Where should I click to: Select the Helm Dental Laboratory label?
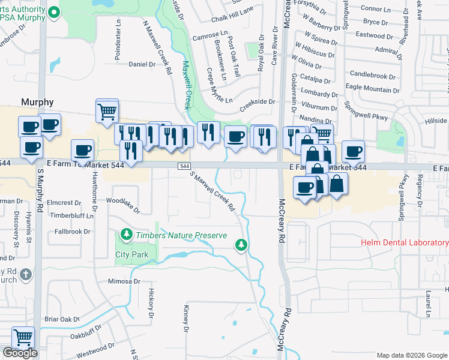click(x=405, y=243)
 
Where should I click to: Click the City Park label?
click(x=131, y=254)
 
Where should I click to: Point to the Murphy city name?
click(x=37, y=102)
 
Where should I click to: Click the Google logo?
click(x=20, y=353)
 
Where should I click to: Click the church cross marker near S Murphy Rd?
click(x=25, y=275)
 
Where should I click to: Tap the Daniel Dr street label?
click(x=142, y=64)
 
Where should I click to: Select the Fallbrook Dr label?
click(x=72, y=231)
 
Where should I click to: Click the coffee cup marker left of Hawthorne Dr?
click(x=82, y=150)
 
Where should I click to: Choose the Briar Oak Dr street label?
click(x=62, y=320)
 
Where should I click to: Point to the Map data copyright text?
click(x=411, y=355)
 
